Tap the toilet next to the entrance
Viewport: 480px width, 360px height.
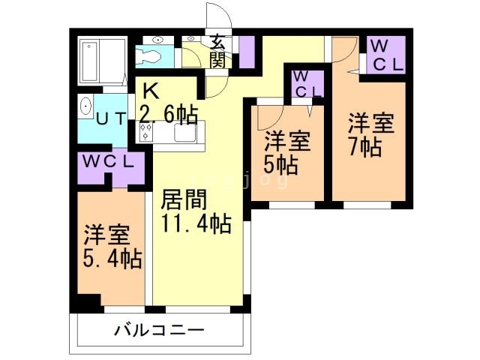point(151,55)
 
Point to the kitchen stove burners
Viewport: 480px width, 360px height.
point(146,133)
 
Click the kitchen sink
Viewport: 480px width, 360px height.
point(184,133)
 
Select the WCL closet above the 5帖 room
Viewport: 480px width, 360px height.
point(306,85)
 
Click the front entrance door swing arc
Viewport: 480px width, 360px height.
point(217,16)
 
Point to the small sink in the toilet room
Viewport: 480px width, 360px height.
point(157,39)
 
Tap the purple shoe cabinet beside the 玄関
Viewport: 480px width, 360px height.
point(246,50)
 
